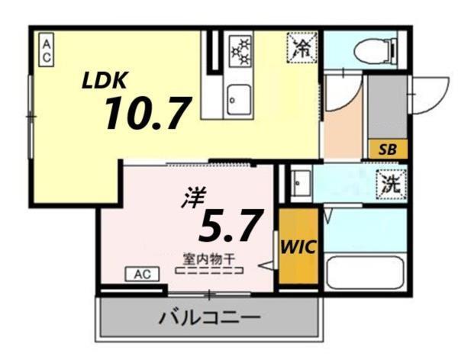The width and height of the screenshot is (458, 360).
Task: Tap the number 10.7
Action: tap(147, 114)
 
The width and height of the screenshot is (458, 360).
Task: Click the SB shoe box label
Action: tap(387, 150)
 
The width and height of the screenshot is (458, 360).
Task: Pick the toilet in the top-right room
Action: tap(372, 50)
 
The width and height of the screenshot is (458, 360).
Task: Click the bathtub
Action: tap(364, 272)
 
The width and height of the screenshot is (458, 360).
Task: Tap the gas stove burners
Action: tap(240, 50)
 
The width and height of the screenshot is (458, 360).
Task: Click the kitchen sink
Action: tap(238, 98)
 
